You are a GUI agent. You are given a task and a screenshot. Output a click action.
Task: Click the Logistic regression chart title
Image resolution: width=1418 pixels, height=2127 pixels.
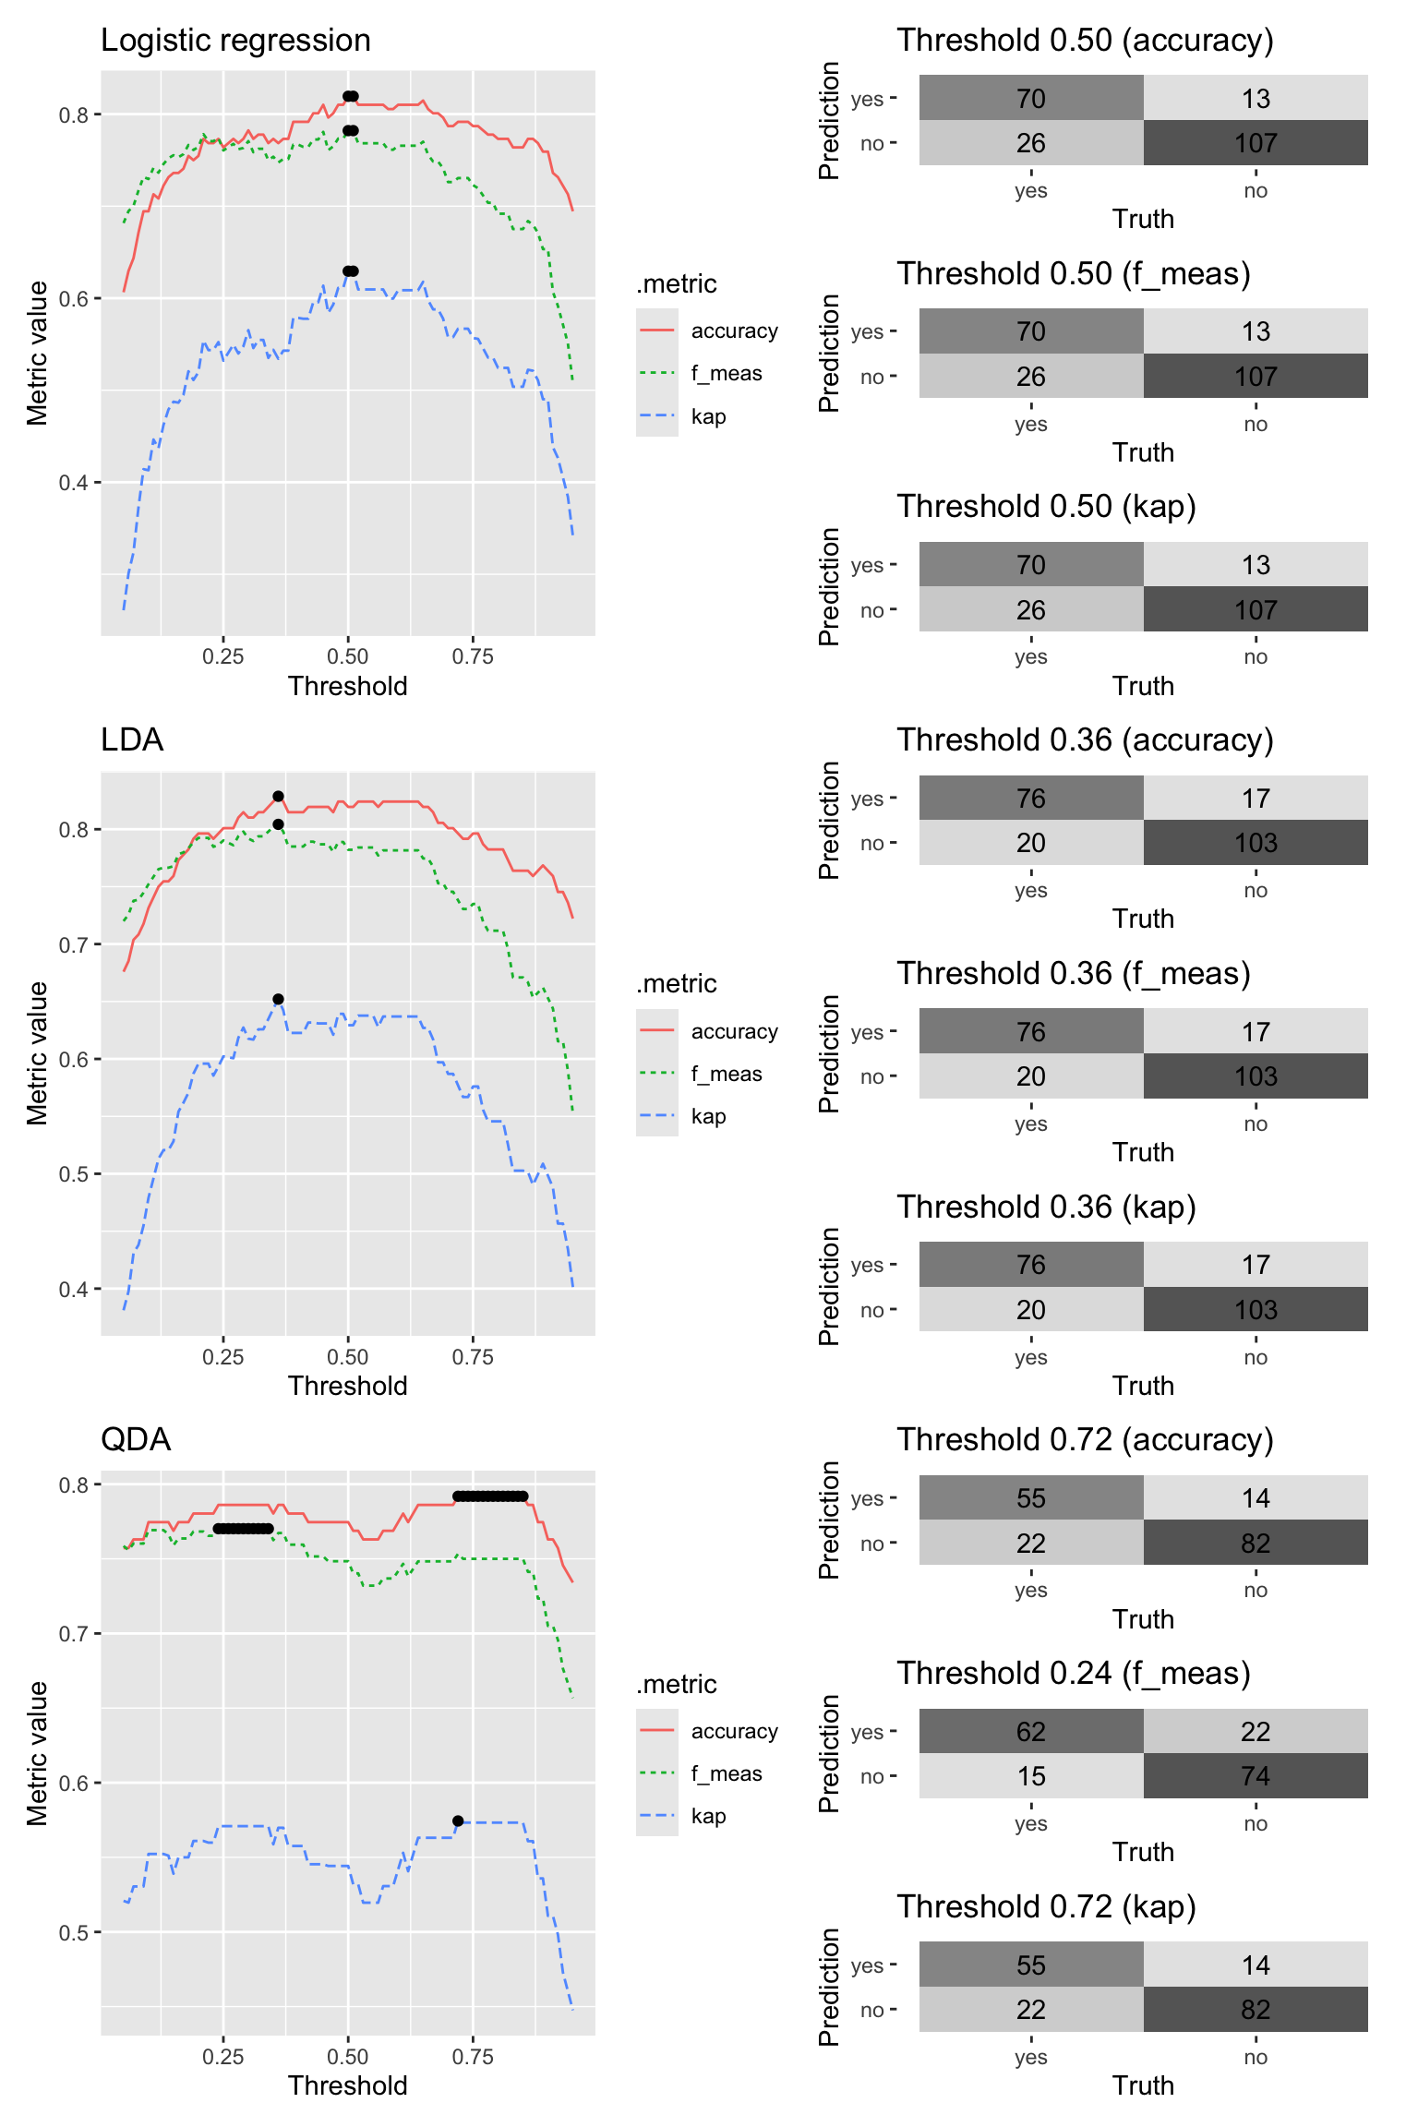[235, 41]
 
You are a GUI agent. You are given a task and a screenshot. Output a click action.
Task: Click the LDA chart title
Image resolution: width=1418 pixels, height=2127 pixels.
[132, 739]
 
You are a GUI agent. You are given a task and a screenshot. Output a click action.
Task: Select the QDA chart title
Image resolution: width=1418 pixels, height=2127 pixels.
[136, 1439]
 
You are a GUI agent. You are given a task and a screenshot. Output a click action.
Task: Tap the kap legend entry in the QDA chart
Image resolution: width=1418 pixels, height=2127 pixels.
[683, 1816]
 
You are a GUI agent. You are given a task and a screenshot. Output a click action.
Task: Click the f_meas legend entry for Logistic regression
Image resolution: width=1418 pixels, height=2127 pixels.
[701, 373]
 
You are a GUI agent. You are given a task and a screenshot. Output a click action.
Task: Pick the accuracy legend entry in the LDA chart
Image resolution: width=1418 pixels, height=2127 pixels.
[708, 1031]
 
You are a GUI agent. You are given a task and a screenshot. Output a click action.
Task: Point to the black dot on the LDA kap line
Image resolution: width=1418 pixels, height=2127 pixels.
[278, 999]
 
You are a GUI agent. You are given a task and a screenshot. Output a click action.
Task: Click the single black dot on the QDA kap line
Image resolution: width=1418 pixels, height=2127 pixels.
[458, 1821]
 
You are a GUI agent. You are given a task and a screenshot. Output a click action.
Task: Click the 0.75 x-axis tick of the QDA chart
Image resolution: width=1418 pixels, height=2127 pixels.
[473, 2056]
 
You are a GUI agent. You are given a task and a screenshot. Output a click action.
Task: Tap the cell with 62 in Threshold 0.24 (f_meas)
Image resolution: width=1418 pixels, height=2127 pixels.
[1031, 1731]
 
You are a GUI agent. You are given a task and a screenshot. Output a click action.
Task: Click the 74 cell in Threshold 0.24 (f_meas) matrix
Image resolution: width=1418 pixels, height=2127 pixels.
[1256, 1776]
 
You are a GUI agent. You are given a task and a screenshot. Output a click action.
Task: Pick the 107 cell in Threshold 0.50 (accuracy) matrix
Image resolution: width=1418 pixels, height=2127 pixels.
[1256, 143]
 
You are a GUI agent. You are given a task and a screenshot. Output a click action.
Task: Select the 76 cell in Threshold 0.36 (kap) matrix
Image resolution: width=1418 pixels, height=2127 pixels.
[1031, 1264]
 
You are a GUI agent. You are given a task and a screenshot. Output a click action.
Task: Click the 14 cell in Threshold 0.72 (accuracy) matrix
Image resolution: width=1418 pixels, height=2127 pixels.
[1256, 1497]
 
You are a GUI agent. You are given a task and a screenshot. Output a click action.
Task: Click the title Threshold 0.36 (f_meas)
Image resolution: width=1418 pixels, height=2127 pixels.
[1074, 973]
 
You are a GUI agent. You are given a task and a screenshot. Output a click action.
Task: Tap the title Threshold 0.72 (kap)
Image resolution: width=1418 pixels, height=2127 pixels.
[1047, 1906]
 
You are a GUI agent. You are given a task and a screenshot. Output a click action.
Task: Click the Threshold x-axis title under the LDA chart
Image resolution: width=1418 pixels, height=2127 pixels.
[347, 1386]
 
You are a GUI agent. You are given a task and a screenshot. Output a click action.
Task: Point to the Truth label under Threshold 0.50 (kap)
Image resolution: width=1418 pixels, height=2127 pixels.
[1143, 686]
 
